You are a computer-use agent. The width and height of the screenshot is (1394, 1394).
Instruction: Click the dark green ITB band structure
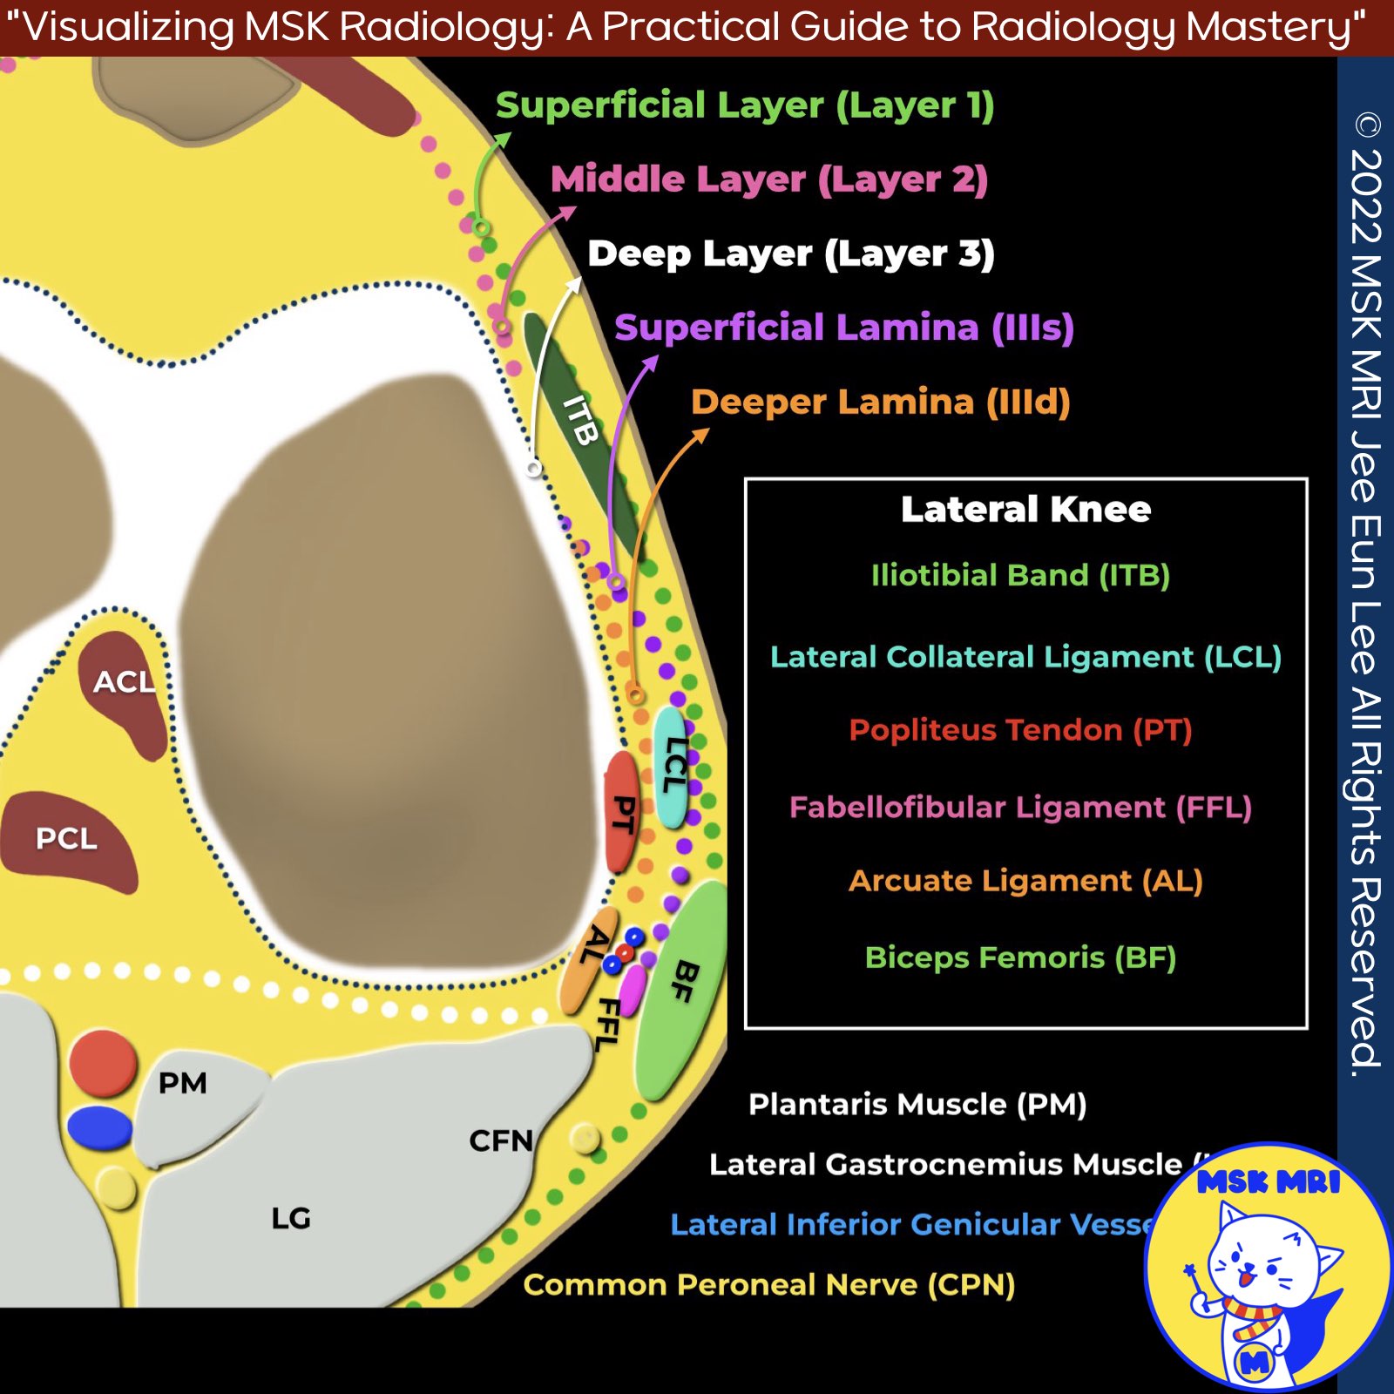tap(579, 427)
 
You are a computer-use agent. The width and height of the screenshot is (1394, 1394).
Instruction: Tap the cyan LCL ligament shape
tap(672, 767)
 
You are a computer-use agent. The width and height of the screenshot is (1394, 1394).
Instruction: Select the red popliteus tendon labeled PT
tap(621, 812)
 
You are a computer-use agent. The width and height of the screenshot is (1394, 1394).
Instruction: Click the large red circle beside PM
tap(103, 1062)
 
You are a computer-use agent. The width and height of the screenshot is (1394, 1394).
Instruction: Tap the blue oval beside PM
tap(99, 1127)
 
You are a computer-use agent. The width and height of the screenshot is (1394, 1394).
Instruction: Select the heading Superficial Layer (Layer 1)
tap(745, 105)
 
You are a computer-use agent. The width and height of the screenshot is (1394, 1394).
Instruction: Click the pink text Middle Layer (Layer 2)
tap(769, 179)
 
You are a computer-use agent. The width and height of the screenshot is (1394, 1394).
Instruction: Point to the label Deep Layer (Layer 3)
tap(790, 254)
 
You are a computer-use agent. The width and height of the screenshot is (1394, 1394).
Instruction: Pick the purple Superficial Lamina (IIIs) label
tap(843, 328)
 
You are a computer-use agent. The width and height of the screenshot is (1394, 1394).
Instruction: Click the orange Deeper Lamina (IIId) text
tap(880, 402)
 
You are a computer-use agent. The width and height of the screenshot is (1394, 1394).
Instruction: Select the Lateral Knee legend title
tap(1025, 509)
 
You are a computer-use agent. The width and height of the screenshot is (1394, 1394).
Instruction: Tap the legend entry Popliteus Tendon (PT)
tap(1020, 729)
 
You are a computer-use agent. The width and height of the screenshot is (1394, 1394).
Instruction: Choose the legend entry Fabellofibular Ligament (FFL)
tap(1020, 807)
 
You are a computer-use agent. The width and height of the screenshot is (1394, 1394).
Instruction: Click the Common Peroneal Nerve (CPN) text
tap(768, 1284)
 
